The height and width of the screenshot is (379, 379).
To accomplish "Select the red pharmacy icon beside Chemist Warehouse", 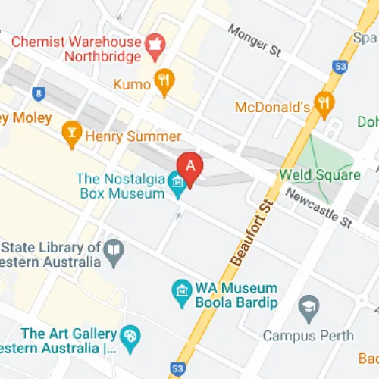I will (x=155, y=42).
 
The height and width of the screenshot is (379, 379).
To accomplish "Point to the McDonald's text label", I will (x=273, y=107).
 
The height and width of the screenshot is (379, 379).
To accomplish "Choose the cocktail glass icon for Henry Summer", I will (x=73, y=136).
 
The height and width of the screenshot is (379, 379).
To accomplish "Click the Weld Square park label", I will (x=320, y=175).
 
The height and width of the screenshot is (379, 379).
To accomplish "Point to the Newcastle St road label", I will (x=319, y=208).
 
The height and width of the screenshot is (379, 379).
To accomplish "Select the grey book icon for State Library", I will (x=114, y=252).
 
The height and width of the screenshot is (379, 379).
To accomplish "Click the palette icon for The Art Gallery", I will (x=130, y=335).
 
